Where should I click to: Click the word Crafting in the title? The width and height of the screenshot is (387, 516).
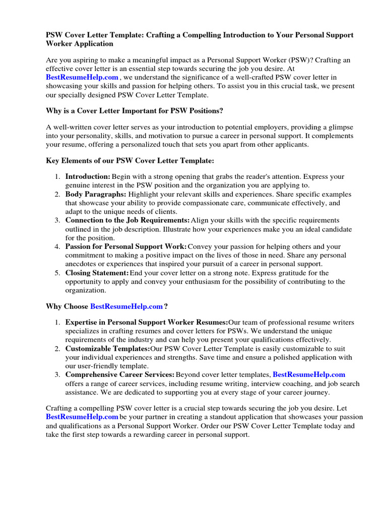point(165,35)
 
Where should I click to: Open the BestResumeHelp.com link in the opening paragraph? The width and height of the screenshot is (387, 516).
point(82,77)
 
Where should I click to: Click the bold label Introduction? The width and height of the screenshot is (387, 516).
point(88,177)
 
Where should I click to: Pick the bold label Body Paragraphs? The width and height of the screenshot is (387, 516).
point(96,194)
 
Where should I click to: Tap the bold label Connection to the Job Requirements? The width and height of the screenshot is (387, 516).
point(127,220)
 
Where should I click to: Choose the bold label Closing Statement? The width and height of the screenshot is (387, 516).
point(97,273)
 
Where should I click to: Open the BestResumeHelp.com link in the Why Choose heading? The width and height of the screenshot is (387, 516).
point(126,306)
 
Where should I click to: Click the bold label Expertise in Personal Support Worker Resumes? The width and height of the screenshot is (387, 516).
point(147,322)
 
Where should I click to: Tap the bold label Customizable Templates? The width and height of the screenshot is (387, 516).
point(107,348)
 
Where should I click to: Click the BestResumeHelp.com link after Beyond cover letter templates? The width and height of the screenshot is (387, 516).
point(309,374)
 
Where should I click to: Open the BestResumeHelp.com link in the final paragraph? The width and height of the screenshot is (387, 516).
point(82,417)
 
